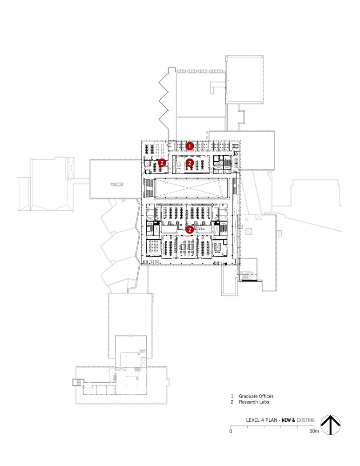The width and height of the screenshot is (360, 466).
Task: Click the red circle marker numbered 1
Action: coord(190,146)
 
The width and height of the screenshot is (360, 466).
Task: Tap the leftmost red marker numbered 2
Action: coord(162,163)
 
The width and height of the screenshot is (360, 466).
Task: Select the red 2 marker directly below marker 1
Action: coord(190,163)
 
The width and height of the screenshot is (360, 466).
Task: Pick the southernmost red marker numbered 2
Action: coord(190,229)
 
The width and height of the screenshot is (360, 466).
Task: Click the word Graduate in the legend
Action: coord(250,396)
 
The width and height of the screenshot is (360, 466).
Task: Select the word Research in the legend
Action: coord(250,402)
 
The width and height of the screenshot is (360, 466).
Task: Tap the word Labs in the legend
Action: coord(265,402)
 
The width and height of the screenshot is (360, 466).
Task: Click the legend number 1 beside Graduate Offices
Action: coord(231,396)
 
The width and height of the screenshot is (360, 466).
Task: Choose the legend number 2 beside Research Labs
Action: coord(231,402)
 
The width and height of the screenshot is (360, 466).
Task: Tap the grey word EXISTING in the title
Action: coord(306,420)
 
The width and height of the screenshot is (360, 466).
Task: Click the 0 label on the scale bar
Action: coord(231,432)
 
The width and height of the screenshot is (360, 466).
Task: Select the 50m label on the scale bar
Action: coord(314,432)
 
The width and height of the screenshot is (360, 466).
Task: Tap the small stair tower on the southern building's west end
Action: coord(75,383)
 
